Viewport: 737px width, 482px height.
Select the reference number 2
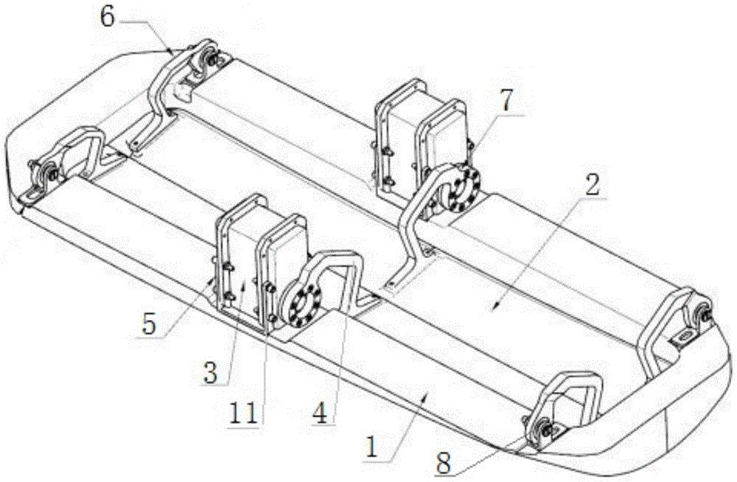(x=593, y=185)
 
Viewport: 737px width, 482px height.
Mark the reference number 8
(x=444, y=462)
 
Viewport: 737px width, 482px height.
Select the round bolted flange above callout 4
(x=301, y=304)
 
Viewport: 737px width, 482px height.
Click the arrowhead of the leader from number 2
(x=492, y=308)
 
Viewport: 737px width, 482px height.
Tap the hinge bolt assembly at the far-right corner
(x=702, y=312)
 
